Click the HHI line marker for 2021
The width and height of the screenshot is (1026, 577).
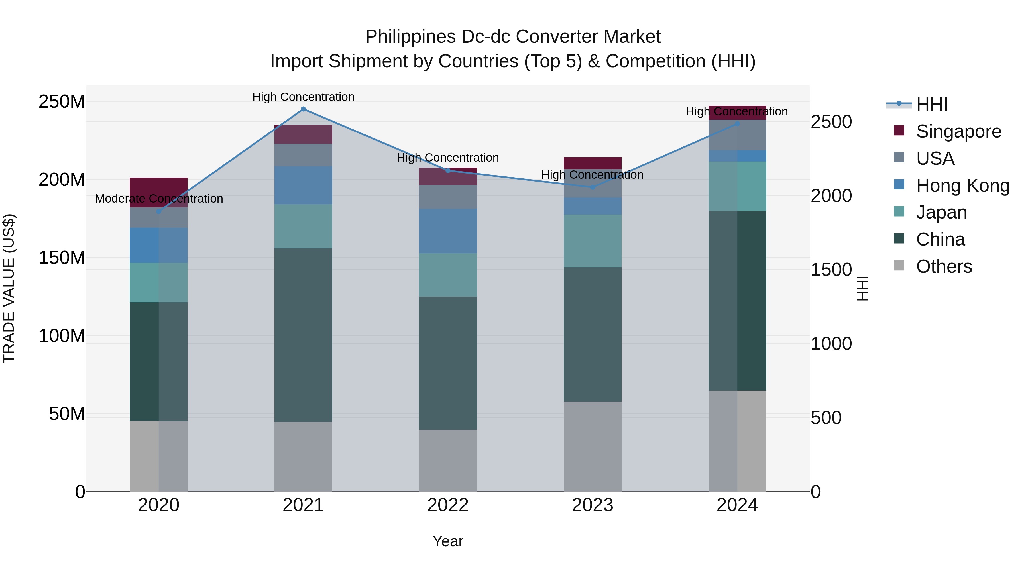pos(303,109)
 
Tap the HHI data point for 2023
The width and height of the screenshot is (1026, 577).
pos(592,187)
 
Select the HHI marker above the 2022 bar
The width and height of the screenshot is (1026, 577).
pos(448,171)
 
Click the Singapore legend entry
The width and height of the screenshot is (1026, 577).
pos(958,131)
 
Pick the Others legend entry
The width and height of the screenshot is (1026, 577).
pos(944,266)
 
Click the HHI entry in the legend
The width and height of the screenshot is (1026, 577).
pos(932,104)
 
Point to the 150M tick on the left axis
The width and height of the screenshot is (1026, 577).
pos(62,258)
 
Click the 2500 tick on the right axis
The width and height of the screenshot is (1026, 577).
pos(831,122)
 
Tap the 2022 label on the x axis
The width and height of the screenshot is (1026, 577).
pos(448,505)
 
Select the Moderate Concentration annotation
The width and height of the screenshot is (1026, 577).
pos(159,198)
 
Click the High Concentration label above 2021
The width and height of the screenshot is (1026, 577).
pos(303,97)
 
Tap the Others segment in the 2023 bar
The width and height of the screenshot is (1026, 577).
pos(592,446)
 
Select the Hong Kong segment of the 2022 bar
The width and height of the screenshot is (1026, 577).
pos(448,231)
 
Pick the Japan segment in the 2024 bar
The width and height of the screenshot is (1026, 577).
pos(737,186)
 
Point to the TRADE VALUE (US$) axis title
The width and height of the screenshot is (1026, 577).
pos(9,288)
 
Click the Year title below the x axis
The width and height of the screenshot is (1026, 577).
pos(448,541)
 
